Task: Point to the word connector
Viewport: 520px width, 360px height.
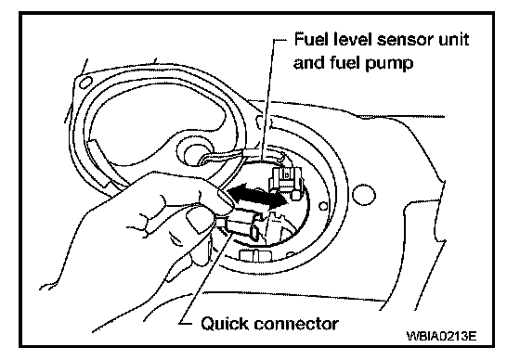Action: coord(296,324)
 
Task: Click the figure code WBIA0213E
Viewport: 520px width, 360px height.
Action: coord(441,336)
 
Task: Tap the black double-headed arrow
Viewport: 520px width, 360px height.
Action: coord(257,197)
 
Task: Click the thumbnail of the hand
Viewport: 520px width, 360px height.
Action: coord(198,222)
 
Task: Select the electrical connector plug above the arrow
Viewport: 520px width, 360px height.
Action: coord(286,181)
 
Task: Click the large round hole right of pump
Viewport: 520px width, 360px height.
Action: coord(363,195)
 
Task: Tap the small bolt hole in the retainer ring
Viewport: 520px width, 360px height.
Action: coord(323,206)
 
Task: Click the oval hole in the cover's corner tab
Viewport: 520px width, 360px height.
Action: coord(85,82)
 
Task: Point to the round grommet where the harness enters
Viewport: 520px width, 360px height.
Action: coord(195,152)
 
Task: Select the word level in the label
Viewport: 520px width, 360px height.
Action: coord(352,40)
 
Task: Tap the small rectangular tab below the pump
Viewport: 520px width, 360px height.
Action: coord(255,257)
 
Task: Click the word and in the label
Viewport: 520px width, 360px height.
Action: coord(310,62)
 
